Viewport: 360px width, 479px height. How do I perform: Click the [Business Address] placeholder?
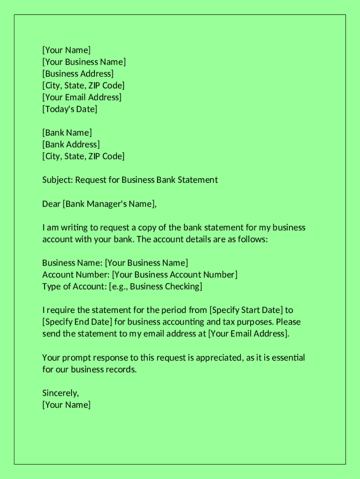(78, 73)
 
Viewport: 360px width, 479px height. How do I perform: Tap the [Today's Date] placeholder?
(70, 109)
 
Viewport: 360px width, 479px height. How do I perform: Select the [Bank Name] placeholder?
(67, 133)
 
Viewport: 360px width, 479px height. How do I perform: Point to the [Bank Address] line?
(71, 145)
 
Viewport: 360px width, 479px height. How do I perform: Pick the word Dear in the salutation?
(51, 204)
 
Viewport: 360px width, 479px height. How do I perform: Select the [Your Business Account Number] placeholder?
(174, 275)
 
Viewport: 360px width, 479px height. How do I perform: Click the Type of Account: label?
(74, 286)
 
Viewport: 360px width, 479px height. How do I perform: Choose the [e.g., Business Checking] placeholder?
(155, 286)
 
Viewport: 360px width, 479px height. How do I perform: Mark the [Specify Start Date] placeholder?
(246, 310)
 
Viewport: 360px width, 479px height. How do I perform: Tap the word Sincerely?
(60, 393)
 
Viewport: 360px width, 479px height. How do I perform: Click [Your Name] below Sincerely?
(66, 405)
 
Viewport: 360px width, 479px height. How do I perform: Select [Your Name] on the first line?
(66, 50)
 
